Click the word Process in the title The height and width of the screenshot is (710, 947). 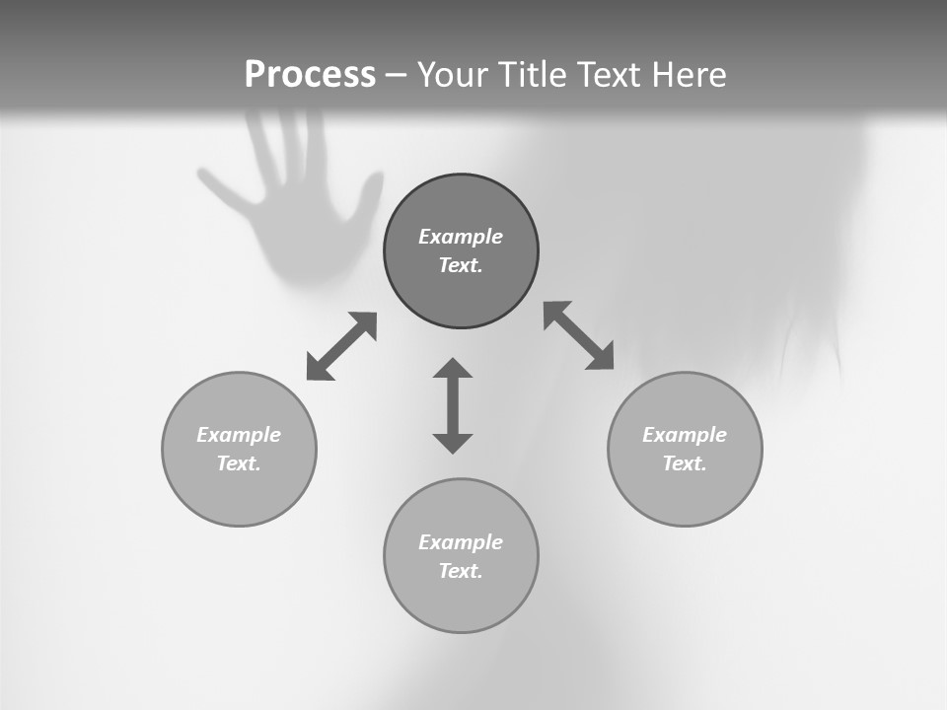point(310,75)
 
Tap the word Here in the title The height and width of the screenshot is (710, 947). point(690,75)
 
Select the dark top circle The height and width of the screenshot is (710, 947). point(461,251)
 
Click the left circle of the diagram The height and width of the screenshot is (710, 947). point(239,449)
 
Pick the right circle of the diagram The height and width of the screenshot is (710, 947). point(685,449)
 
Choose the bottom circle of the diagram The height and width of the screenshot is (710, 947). point(461,556)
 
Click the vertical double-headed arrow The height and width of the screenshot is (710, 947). point(453,405)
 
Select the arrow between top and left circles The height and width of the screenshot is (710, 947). point(341,346)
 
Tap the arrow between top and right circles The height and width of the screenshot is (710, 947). point(579,335)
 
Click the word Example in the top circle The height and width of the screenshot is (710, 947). point(461,237)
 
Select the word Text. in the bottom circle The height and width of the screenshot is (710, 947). point(461,571)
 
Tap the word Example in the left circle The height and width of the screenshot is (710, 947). point(239,435)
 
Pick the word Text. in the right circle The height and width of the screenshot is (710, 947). point(685,463)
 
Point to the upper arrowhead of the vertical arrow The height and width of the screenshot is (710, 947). point(453,368)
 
